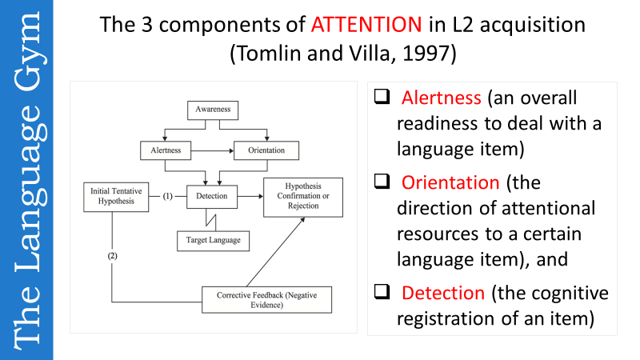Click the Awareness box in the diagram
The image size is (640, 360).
212,109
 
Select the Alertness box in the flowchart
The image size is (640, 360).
166,150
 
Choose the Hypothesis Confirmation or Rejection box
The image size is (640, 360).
303,197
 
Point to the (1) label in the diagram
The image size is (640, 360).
168,195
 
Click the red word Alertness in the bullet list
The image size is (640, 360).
441,98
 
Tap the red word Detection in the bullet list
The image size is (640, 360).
443,292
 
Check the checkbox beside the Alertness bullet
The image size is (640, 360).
382,97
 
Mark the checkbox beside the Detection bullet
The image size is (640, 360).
382,292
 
